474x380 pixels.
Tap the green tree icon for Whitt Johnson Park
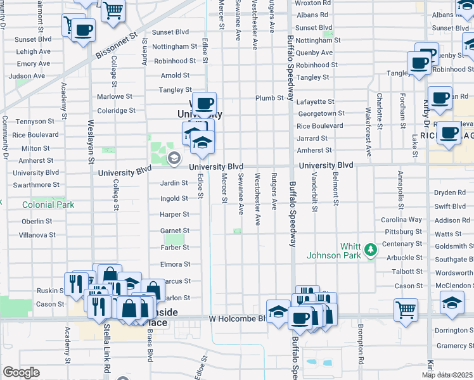click(370, 251)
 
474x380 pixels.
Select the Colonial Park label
click(48, 205)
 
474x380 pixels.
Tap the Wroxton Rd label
click(313, 3)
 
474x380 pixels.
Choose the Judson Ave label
click(27, 76)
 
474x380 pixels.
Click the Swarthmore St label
click(35, 185)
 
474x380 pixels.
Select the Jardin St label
click(176, 183)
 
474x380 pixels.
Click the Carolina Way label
click(402, 220)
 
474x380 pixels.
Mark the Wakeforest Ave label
click(368, 132)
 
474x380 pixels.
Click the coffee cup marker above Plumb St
click(203, 103)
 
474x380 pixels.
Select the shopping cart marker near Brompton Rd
click(406, 310)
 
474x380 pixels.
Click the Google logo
click(21, 372)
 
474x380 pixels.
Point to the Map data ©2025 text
click(447, 375)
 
